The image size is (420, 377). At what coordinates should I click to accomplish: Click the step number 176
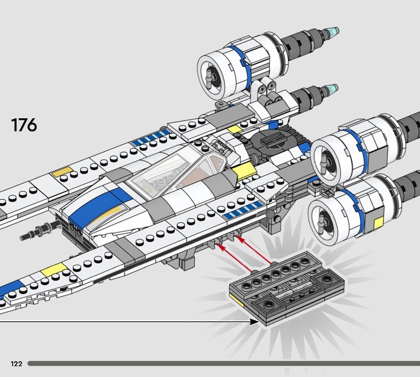pos(24,125)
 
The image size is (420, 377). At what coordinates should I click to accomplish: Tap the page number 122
pos(15,363)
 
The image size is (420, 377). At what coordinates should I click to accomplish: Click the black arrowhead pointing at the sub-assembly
pos(255,321)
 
